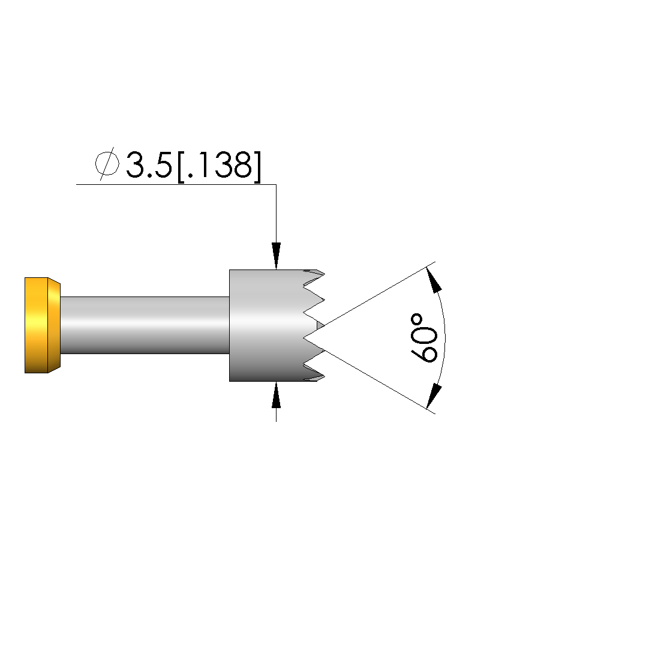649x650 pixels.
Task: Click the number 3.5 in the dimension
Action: pos(149,164)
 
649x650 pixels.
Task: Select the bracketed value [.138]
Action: pos(220,166)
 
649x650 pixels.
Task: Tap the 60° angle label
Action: pos(424,338)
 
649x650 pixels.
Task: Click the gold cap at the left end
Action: pos(42,325)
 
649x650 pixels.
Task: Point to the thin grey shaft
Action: pos(145,325)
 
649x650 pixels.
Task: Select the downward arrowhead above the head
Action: pos(277,256)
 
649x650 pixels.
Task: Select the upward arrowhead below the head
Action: pos(277,395)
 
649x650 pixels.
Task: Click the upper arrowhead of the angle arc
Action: pos(434,279)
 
